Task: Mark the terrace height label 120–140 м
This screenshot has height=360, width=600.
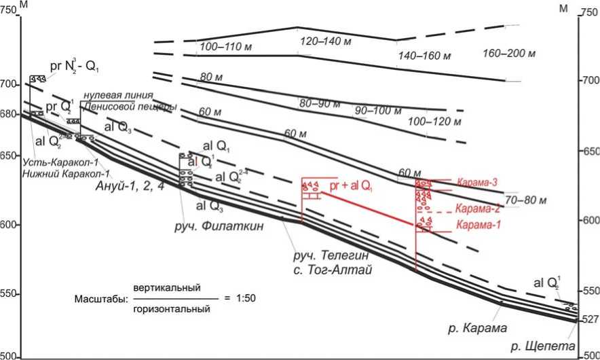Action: coord(324,42)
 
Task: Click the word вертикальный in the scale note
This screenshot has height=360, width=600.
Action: coord(167,288)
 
